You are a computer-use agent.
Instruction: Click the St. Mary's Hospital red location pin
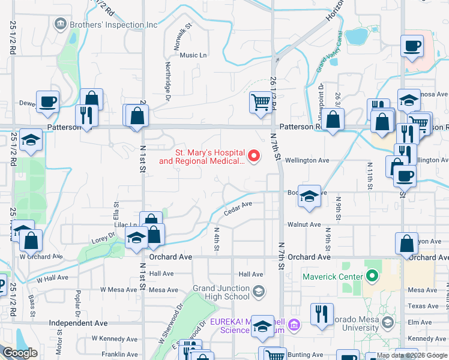pyautogui.click(x=254, y=157)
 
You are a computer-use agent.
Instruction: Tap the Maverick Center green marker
pyautogui.click(x=372, y=277)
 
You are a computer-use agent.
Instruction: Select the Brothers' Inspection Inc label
pyautogui.click(x=113, y=25)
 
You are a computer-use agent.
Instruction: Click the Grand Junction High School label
pyautogui.click(x=221, y=292)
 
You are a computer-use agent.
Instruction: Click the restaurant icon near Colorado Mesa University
pyautogui.click(x=322, y=314)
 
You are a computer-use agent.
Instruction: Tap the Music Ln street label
pyautogui.click(x=193, y=55)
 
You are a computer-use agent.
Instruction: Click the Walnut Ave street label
pyautogui.click(x=304, y=224)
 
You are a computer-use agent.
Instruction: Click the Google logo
pyautogui.click(x=20, y=353)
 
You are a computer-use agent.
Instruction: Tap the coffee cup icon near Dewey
pyautogui.click(x=47, y=101)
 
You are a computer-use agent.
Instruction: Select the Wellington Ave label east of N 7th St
pyautogui.click(x=307, y=161)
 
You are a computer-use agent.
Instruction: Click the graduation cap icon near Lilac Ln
pyautogui.click(x=136, y=238)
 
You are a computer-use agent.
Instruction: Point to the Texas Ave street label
pyautogui.click(x=423, y=306)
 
